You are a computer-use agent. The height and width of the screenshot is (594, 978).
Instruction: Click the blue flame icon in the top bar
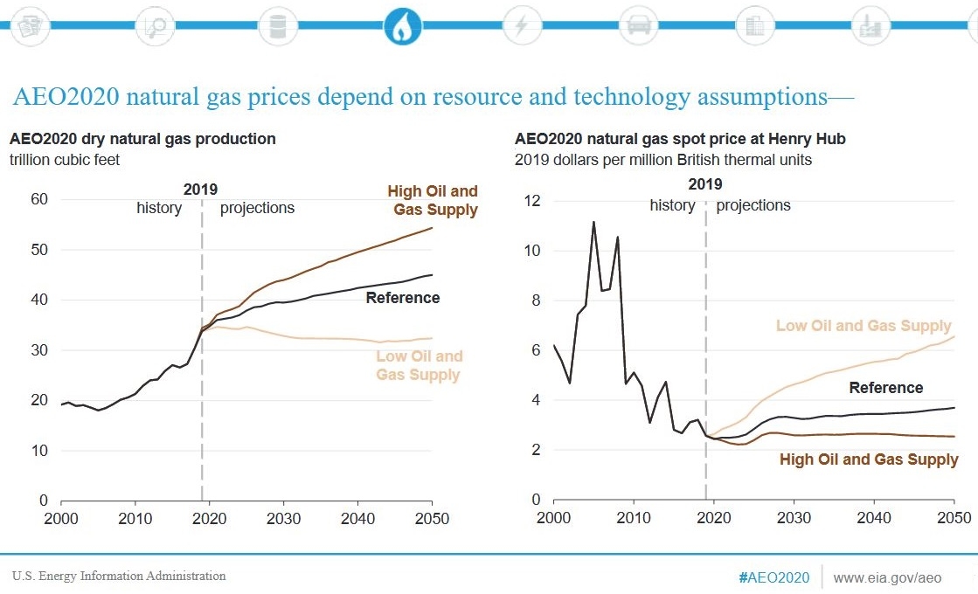402,25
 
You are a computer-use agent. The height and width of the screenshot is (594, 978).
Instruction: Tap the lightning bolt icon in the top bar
522,25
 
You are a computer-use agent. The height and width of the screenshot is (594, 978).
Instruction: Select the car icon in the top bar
639,25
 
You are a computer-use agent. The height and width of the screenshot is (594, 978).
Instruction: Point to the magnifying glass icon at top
156,25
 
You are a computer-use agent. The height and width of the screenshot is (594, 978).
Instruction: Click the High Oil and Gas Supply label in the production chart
433,200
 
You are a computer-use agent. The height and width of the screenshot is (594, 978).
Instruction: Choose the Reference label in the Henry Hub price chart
885,388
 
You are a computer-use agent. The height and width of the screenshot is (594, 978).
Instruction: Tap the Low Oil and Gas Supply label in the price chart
864,326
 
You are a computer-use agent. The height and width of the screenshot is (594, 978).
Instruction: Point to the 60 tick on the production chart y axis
39,199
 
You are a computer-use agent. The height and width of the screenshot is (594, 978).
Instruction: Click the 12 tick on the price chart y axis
532,201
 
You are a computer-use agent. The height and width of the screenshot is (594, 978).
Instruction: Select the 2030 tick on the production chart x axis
284,519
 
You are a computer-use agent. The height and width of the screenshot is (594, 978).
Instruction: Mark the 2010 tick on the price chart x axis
634,518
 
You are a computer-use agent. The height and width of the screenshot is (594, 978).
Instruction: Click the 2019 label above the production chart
200,190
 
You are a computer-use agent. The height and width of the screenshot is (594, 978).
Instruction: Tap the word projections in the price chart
753,205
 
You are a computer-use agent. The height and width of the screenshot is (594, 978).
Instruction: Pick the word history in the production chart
159,208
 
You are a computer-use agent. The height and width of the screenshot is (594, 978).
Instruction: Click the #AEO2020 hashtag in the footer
774,577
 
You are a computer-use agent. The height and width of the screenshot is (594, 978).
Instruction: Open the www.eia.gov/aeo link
887,577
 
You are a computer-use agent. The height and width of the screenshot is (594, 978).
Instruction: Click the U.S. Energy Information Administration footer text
119,576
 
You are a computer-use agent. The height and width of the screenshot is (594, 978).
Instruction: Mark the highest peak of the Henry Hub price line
593,222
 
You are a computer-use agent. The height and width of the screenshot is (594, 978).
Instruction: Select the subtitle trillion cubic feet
65,160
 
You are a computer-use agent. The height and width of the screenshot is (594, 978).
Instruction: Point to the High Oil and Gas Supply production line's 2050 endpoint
433,228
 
